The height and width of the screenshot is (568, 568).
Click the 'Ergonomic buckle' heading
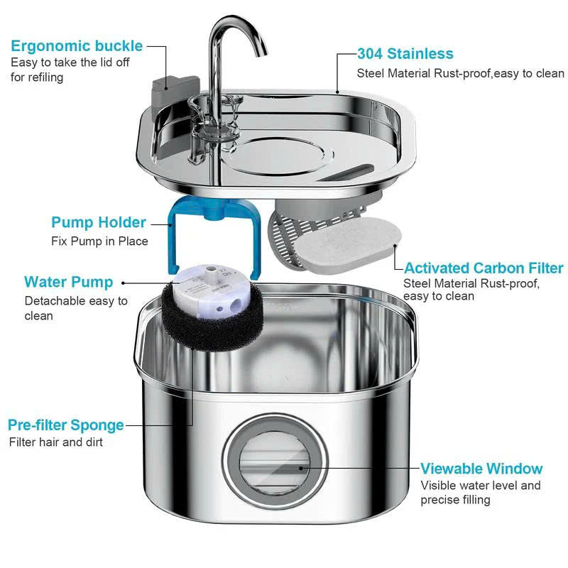tap(77, 46)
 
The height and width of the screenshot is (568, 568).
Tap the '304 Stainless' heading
tap(405, 54)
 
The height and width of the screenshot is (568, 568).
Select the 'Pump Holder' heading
tap(99, 222)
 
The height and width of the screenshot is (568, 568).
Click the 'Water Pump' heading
tap(68, 282)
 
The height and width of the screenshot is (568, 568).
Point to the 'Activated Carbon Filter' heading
tap(484, 268)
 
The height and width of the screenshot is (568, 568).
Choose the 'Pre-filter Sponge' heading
tap(66, 425)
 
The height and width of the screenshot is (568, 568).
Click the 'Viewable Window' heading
tap(481, 469)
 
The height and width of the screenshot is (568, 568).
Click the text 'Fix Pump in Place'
tap(99, 241)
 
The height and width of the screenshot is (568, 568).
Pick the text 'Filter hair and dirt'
tap(56, 442)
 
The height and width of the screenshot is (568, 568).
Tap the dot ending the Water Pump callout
tap(122, 282)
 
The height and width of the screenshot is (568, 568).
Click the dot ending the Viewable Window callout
tap(301, 469)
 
